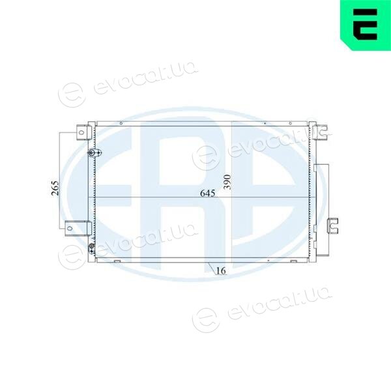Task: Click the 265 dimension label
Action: (55, 188)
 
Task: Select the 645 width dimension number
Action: (207, 193)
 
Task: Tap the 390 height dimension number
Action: (227, 182)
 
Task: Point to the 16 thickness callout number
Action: (221, 270)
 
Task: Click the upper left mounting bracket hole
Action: (81, 132)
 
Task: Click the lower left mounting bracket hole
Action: (70, 228)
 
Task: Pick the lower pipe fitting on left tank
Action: (92, 248)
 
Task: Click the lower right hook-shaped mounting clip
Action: (332, 225)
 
